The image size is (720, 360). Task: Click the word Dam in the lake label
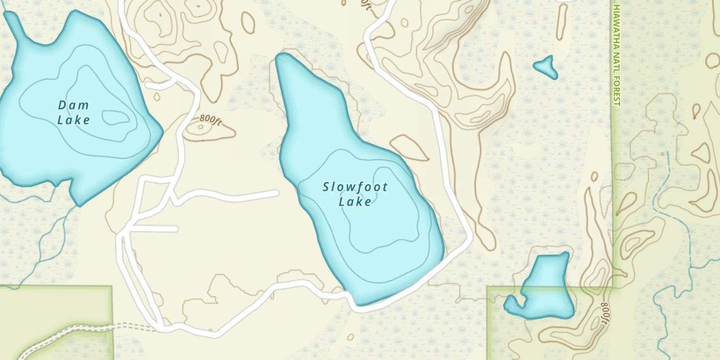point(73,105)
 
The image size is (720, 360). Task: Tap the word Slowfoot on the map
point(355,187)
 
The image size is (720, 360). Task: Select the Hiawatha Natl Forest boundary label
point(616,55)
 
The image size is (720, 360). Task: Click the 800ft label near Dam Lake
point(211,120)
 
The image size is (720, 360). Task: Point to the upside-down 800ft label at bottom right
point(605,314)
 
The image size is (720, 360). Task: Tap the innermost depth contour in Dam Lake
point(116,117)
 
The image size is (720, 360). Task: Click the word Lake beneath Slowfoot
point(355,202)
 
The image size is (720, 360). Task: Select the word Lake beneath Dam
point(73,120)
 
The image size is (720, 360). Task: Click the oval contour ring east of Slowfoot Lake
point(409,147)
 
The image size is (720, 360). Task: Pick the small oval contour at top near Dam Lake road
point(248,22)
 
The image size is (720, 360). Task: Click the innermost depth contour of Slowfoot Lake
point(384,211)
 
